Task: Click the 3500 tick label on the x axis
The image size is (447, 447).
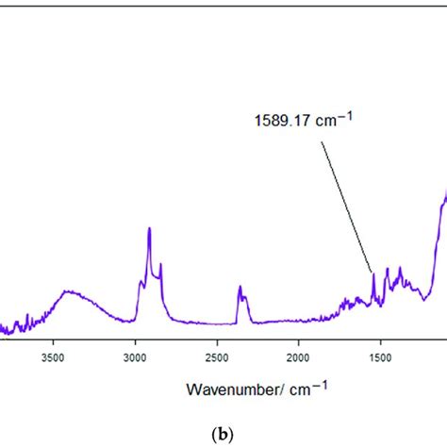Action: pos(53,358)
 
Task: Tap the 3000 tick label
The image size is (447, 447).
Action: pos(135,358)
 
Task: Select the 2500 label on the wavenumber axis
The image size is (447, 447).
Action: pos(217,358)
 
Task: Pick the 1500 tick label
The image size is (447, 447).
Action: pos(379,358)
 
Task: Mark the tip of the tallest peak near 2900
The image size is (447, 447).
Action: pos(149,229)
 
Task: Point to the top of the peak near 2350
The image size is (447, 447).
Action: pos(240,287)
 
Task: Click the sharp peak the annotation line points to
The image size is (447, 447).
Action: pos(373,274)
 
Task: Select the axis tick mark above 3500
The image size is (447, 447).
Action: pos(53,342)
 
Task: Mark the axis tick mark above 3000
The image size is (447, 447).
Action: pos(135,342)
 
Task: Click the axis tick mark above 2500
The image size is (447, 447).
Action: pos(217,342)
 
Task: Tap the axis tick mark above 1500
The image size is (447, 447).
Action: pos(379,342)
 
